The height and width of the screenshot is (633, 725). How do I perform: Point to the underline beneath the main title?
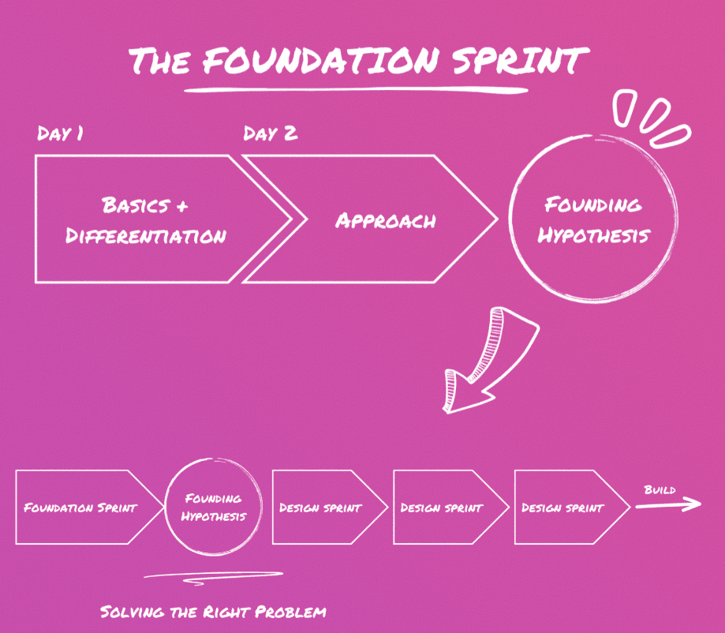[x=355, y=89]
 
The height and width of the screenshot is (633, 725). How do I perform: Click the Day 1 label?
[x=60, y=133]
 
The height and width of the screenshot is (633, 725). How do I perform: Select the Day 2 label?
[x=271, y=133]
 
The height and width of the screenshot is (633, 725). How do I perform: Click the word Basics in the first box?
[x=135, y=205]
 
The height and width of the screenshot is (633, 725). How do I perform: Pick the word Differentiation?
[x=146, y=235]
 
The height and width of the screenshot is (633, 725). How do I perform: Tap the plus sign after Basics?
[x=181, y=206]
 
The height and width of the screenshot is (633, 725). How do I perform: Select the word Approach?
[x=385, y=220]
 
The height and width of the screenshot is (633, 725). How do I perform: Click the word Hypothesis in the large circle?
[x=593, y=235]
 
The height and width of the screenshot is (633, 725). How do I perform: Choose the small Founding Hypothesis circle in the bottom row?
[x=213, y=508]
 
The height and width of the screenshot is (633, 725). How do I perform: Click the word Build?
[x=660, y=490]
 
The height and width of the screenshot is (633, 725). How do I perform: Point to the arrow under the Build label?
[x=667, y=504]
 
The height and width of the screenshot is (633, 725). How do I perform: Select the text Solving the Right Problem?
[x=213, y=612]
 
